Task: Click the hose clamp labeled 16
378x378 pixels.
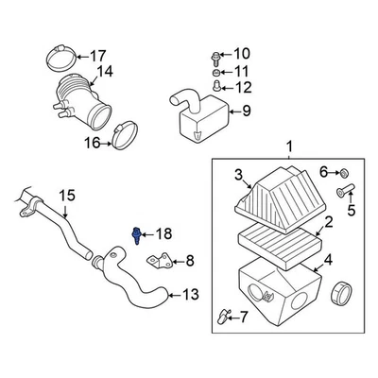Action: coord(120,141)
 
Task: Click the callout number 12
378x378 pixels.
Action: coord(243,88)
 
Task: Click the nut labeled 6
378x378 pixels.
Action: coord(344,172)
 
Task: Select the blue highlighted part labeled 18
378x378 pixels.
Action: coord(140,233)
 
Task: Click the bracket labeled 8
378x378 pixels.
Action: coord(164,261)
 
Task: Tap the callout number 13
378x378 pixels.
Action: coord(190,295)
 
